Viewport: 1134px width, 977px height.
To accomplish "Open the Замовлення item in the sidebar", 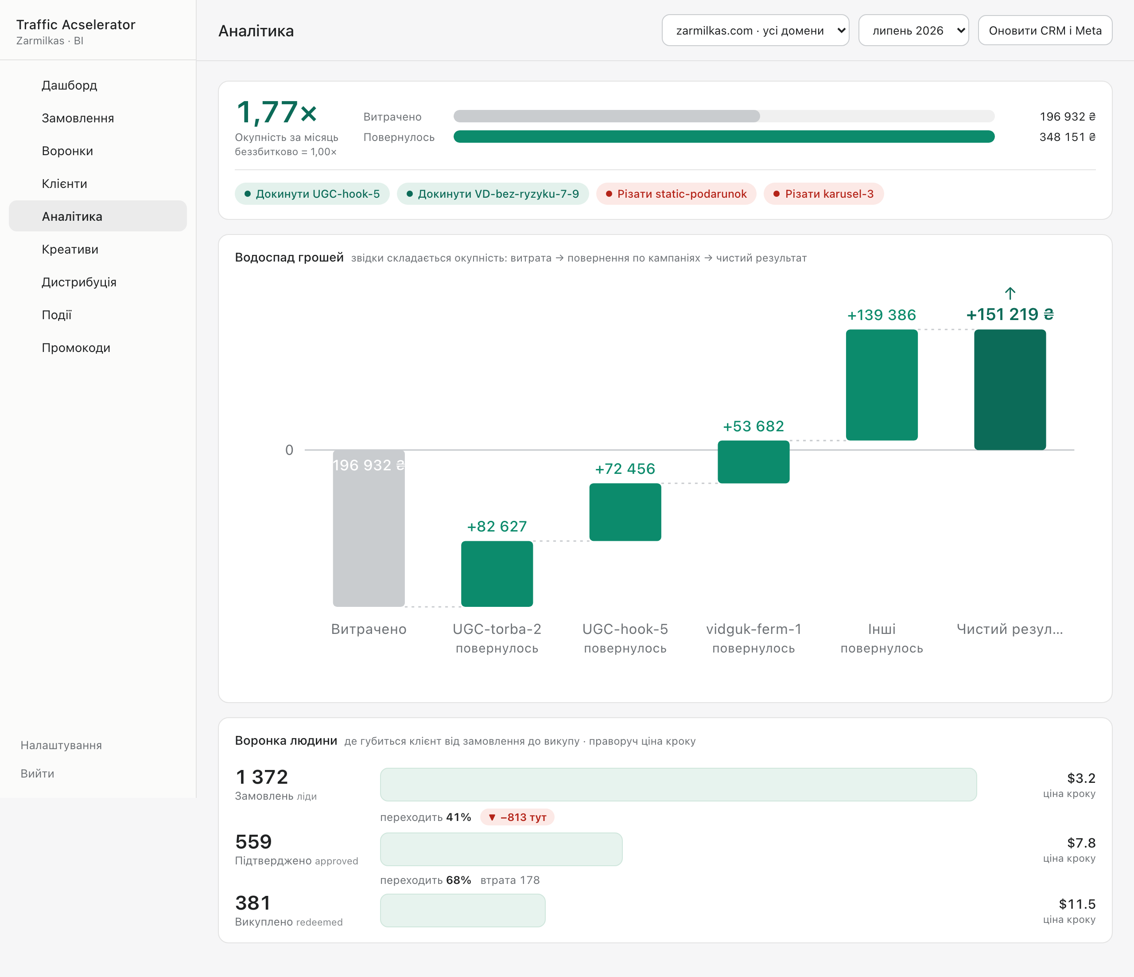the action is click(x=78, y=118).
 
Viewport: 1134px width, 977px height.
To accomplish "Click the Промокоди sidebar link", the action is click(x=76, y=348).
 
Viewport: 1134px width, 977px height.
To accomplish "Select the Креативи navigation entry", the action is click(x=70, y=249).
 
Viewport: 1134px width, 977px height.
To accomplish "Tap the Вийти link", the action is click(x=37, y=773).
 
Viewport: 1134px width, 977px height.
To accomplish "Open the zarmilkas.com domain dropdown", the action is click(x=755, y=30).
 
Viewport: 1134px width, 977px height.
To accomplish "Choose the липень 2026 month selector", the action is click(x=913, y=30).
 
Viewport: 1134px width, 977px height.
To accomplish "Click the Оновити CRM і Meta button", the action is click(x=1045, y=30).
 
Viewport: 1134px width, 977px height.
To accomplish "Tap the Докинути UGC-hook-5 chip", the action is click(x=312, y=194).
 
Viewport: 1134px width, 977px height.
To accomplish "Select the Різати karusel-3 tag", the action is click(x=823, y=194).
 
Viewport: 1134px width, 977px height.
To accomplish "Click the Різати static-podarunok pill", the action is click(x=676, y=194).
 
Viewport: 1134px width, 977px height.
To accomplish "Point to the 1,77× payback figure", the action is click(x=277, y=112).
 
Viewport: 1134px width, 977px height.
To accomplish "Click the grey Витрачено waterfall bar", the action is click(x=369, y=528).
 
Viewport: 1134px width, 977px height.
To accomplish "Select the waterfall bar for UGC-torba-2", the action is click(x=497, y=573).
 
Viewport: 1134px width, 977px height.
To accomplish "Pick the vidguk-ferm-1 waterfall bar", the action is click(x=753, y=461).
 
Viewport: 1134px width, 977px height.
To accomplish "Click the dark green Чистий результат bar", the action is click(x=1010, y=389).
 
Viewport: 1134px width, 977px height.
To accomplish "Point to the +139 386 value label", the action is click(x=882, y=315).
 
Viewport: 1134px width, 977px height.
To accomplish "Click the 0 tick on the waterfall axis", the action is click(x=289, y=450).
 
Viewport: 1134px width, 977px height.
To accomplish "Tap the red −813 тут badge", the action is click(x=517, y=817).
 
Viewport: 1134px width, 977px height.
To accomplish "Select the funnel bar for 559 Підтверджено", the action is click(x=501, y=849).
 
